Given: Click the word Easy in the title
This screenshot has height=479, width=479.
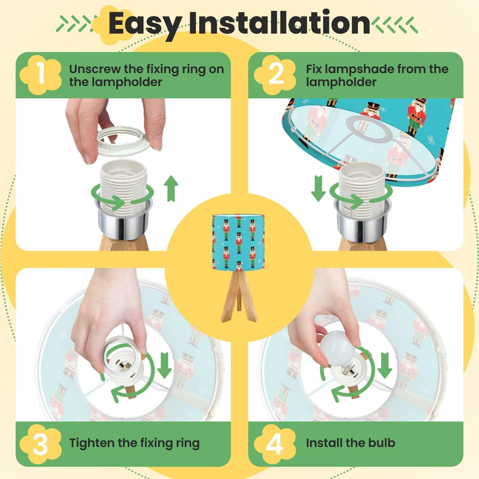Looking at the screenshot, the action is click(144, 24).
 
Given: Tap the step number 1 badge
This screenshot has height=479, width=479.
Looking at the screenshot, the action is click(40, 75).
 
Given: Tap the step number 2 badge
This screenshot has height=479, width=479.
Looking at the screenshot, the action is click(275, 75).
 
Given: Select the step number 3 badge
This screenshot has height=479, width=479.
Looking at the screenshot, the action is click(40, 444).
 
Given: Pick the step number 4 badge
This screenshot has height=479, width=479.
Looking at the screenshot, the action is click(275, 444).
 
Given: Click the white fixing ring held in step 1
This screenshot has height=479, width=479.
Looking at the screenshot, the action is click(123, 141).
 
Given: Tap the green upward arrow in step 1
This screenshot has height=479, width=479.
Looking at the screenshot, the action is click(171, 188).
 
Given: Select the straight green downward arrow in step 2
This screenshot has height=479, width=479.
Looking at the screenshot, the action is click(319, 188).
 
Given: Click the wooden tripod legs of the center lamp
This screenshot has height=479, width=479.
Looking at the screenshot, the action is click(239, 296).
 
